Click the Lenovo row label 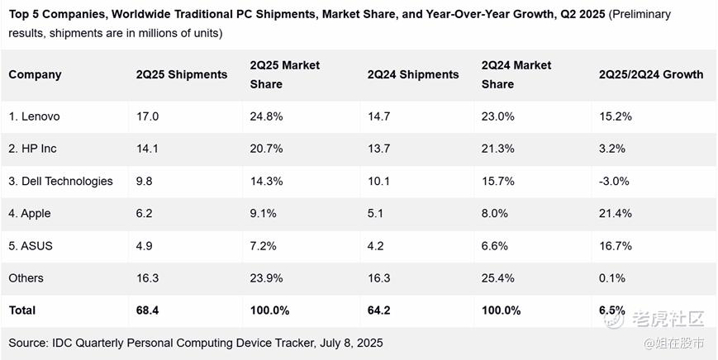(x=34, y=116)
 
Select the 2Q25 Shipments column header (x=181, y=74)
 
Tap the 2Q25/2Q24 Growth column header (x=651, y=74)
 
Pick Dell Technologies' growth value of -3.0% (x=615, y=181)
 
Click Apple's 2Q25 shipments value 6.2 (x=145, y=213)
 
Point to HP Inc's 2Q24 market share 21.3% (x=498, y=149)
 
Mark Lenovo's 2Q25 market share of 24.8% (x=266, y=116)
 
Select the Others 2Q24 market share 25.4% (x=498, y=278)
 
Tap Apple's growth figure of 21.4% (x=616, y=213)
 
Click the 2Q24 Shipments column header (x=412, y=74)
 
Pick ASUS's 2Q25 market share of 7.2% (x=264, y=246)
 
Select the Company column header (x=36, y=74)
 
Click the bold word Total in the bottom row (x=22, y=310)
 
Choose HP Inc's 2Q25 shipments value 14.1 (x=147, y=149)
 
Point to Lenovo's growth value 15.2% (x=616, y=116)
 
